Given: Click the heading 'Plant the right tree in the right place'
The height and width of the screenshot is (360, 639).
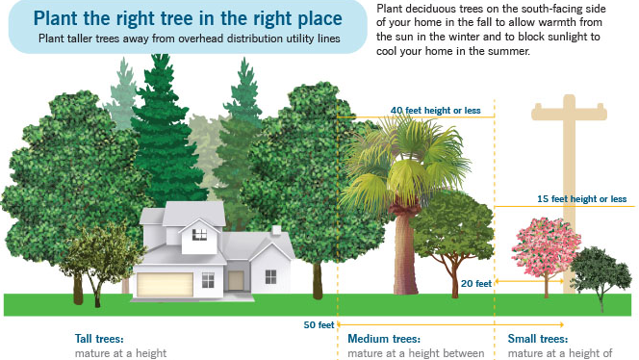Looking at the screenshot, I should (x=188, y=18).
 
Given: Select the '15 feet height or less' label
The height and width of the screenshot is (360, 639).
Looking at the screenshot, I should (x=581, y=199).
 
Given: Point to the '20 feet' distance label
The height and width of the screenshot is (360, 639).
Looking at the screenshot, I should (x=476, y=283).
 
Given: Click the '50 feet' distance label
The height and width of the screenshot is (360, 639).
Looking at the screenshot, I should (x=319, y=324).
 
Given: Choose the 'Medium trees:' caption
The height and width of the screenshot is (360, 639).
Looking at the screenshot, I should (x=384, y=339).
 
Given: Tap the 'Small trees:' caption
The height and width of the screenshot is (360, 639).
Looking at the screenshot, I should (x=538, y=339).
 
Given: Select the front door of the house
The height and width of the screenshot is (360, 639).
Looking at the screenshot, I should (x=236, y=280).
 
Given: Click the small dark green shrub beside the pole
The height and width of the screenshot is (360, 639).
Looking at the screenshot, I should (x=601, y=271).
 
